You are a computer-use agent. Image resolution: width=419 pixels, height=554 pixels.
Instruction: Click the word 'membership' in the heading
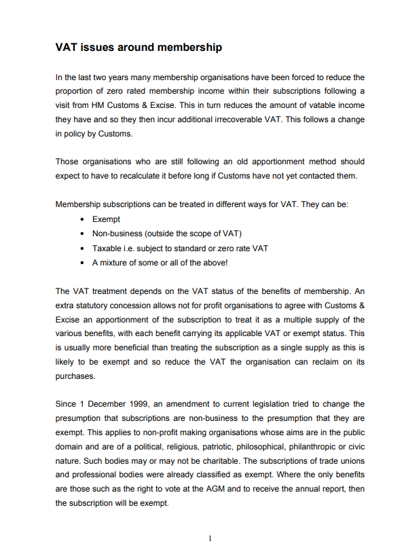tap(189, 48)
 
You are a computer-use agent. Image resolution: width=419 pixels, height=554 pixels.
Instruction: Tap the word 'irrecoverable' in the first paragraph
tap(263, 119)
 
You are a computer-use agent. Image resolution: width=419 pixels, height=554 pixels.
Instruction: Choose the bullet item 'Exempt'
tap(107, 219)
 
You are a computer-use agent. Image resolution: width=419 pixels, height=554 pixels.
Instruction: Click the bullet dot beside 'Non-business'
tap(82, 234)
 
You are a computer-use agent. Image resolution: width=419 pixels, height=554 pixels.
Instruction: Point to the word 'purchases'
tap(75, 376)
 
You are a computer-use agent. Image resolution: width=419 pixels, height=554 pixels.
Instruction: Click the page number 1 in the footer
tap(210, 538)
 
